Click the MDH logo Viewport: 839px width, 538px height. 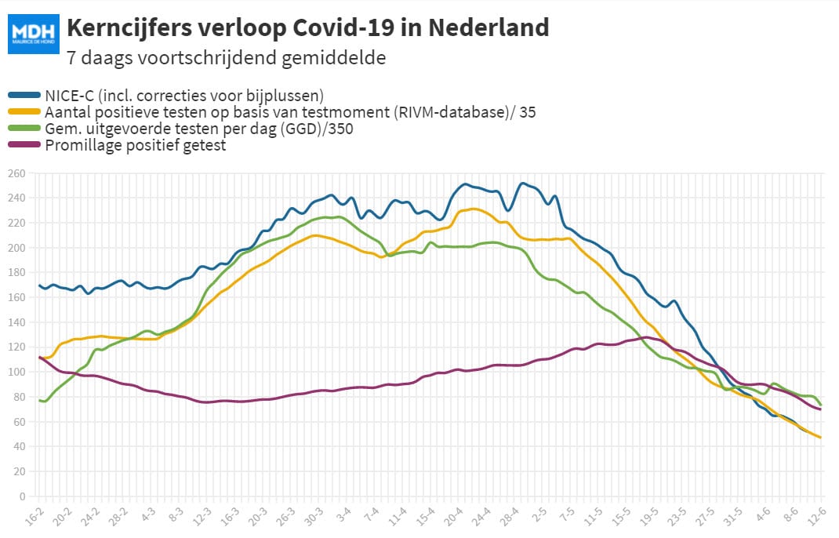click(x=33, y=34)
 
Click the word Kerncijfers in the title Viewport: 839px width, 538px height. click(x=129, y=27)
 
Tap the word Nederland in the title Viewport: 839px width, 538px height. click(x=489, y=27)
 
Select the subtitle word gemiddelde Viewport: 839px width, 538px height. click(x=333, y=57)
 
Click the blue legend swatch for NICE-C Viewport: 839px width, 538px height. click(x=24, y=96)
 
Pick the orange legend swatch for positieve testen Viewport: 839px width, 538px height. click(x=24, y=112)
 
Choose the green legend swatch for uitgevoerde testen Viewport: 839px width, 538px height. click(x=24, y=128)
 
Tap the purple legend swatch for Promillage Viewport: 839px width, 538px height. click(x=24, y=144)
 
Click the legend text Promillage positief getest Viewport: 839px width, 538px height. click(x=136, y=145)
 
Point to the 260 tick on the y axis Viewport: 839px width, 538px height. click(x=16, y=173)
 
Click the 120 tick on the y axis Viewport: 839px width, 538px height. click(x=16, y=347)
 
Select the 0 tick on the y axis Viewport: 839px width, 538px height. click(x=22, y=496)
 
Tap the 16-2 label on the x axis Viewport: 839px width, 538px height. click(x=35, y=517)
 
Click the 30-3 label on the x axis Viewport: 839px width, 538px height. click(x=314, y=517)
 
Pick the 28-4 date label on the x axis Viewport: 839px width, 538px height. click(x=509, y=517)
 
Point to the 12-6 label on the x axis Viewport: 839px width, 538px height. click(x=816, y=517)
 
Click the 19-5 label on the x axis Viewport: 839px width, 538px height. click(x=648, y=517)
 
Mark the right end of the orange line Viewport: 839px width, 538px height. click(x=820, y=438)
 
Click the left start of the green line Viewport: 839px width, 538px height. click(x=39, y=401)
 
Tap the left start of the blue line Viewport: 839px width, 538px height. click(x=39, y=286)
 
